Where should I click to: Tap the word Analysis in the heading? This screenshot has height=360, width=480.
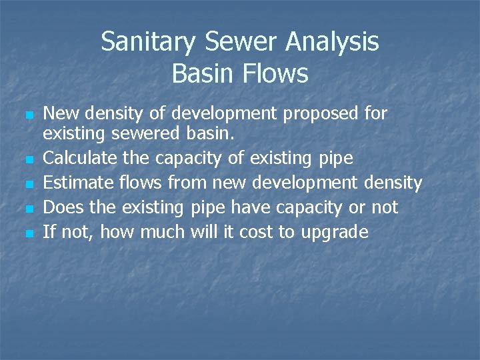[x=332, y=43]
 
